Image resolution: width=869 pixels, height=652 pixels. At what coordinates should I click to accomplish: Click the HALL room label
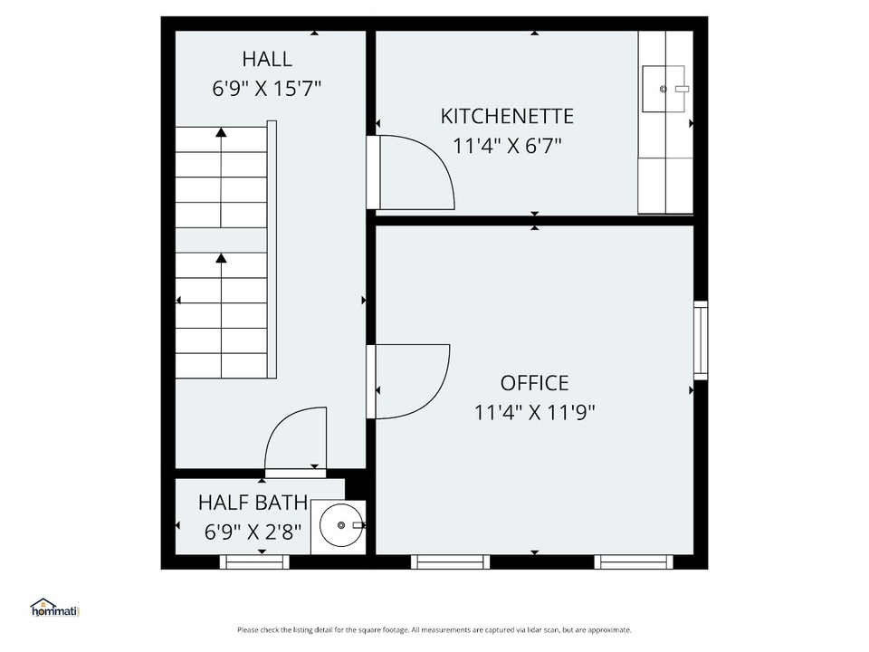coord(267,59)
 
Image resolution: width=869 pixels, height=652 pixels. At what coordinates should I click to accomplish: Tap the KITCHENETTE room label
coord(507,117)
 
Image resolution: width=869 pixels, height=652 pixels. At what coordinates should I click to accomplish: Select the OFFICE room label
coord(534,383)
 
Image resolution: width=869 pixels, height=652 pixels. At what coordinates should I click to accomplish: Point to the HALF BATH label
coord(253,503)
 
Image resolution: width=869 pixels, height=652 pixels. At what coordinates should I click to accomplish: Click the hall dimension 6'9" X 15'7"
coord(267,88)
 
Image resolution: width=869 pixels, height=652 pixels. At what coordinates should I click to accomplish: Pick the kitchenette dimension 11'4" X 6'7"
coord(507,146)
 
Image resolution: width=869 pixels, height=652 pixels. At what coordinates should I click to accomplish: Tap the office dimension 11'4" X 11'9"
coord(534,413)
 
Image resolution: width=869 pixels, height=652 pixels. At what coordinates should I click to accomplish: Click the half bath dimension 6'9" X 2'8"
coord(253,532)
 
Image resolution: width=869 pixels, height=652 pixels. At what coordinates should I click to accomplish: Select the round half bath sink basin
coord(341,525)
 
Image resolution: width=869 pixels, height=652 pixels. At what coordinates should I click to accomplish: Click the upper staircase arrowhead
coord(222,132)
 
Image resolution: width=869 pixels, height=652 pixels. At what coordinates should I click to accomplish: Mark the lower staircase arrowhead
coord(222,258)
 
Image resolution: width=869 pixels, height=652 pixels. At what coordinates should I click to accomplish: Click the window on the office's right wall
coord(701,340)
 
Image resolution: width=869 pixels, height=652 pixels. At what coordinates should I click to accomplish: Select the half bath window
coord(254,561)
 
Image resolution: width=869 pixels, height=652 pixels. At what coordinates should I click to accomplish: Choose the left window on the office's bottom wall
coord(450,561)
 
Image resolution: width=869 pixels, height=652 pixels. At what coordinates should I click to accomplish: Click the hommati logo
coord(55,608)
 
